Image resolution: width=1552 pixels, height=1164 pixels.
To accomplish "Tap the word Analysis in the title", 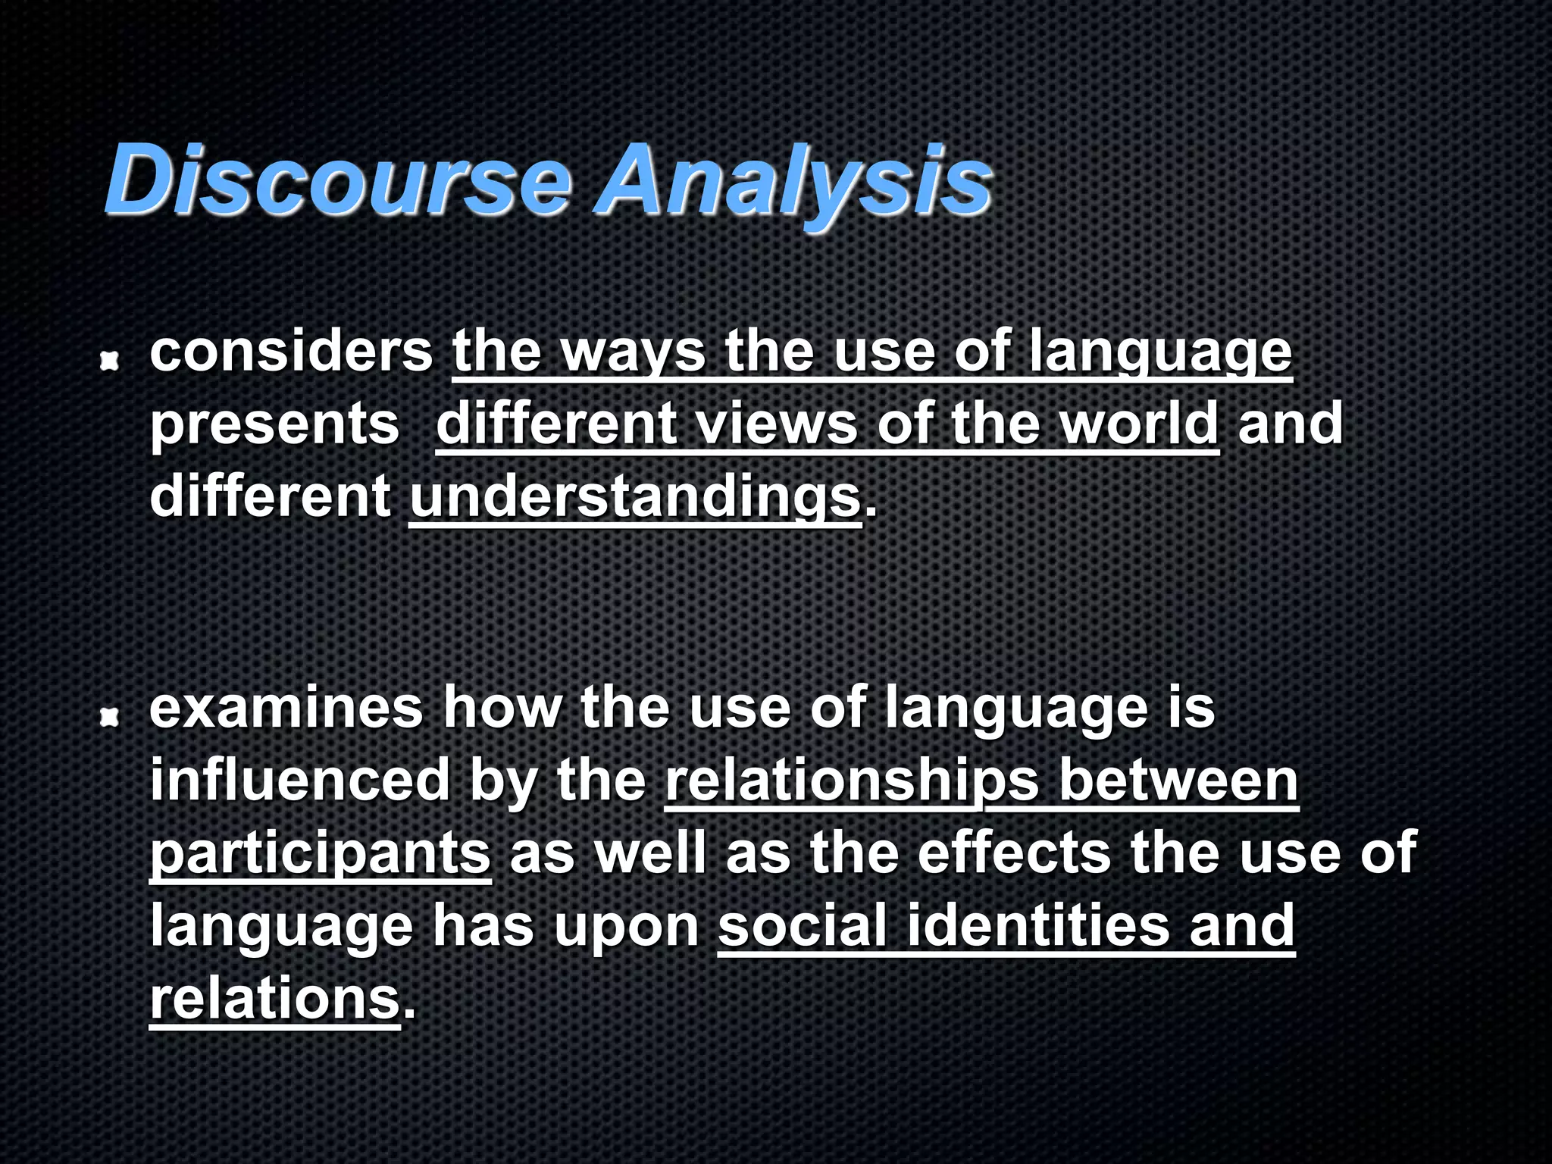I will (793, 182).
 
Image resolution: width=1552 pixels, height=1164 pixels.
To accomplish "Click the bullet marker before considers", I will (111, 363).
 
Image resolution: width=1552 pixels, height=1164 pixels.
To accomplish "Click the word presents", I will (274, 424).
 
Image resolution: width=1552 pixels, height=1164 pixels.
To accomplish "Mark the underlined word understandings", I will (635, 497).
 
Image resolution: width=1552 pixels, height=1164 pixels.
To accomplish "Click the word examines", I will (286, 707).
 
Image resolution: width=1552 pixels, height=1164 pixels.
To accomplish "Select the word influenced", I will (300, 780).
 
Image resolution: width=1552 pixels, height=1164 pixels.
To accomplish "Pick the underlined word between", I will (1178, 780).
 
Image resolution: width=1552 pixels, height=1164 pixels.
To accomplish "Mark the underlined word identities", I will (1038, 925).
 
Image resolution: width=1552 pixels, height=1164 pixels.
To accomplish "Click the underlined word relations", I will (274, 998).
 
